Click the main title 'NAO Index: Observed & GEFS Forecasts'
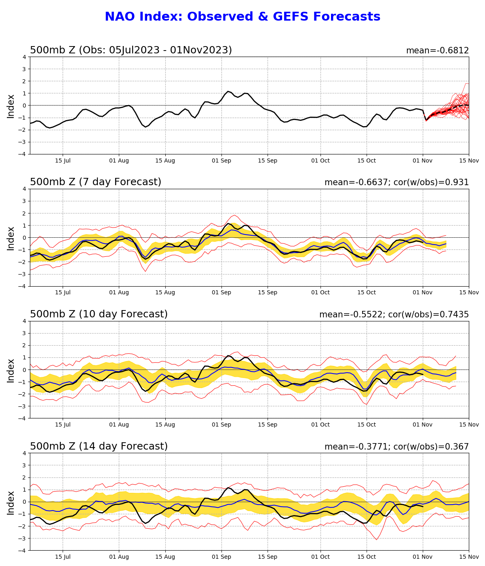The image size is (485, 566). coord(242,17)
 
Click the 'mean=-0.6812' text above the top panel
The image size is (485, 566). coord(437,51)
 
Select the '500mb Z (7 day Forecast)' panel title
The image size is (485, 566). coord(95,182)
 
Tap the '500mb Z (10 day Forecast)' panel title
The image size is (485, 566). coord(99,314)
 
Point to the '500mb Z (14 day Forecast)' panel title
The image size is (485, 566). coord(99,446)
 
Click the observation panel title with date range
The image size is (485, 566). coord(131,50)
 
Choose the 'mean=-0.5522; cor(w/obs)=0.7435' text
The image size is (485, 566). coord(394,315)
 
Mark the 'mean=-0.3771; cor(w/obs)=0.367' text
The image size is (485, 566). coord(396,447)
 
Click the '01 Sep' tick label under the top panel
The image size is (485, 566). coord(221,161)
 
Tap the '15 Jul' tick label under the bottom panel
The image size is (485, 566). coord(63,557)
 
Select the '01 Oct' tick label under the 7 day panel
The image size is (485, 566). coord(321,293)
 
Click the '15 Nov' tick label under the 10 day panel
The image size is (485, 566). coord(469,425)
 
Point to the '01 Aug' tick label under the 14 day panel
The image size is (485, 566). coord(119,557)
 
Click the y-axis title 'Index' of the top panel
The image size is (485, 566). coord(11,106)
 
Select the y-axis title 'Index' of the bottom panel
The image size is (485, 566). coord(11,503)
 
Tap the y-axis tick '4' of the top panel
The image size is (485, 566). coord(25,57)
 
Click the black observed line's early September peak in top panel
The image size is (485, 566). coord(228,91)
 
